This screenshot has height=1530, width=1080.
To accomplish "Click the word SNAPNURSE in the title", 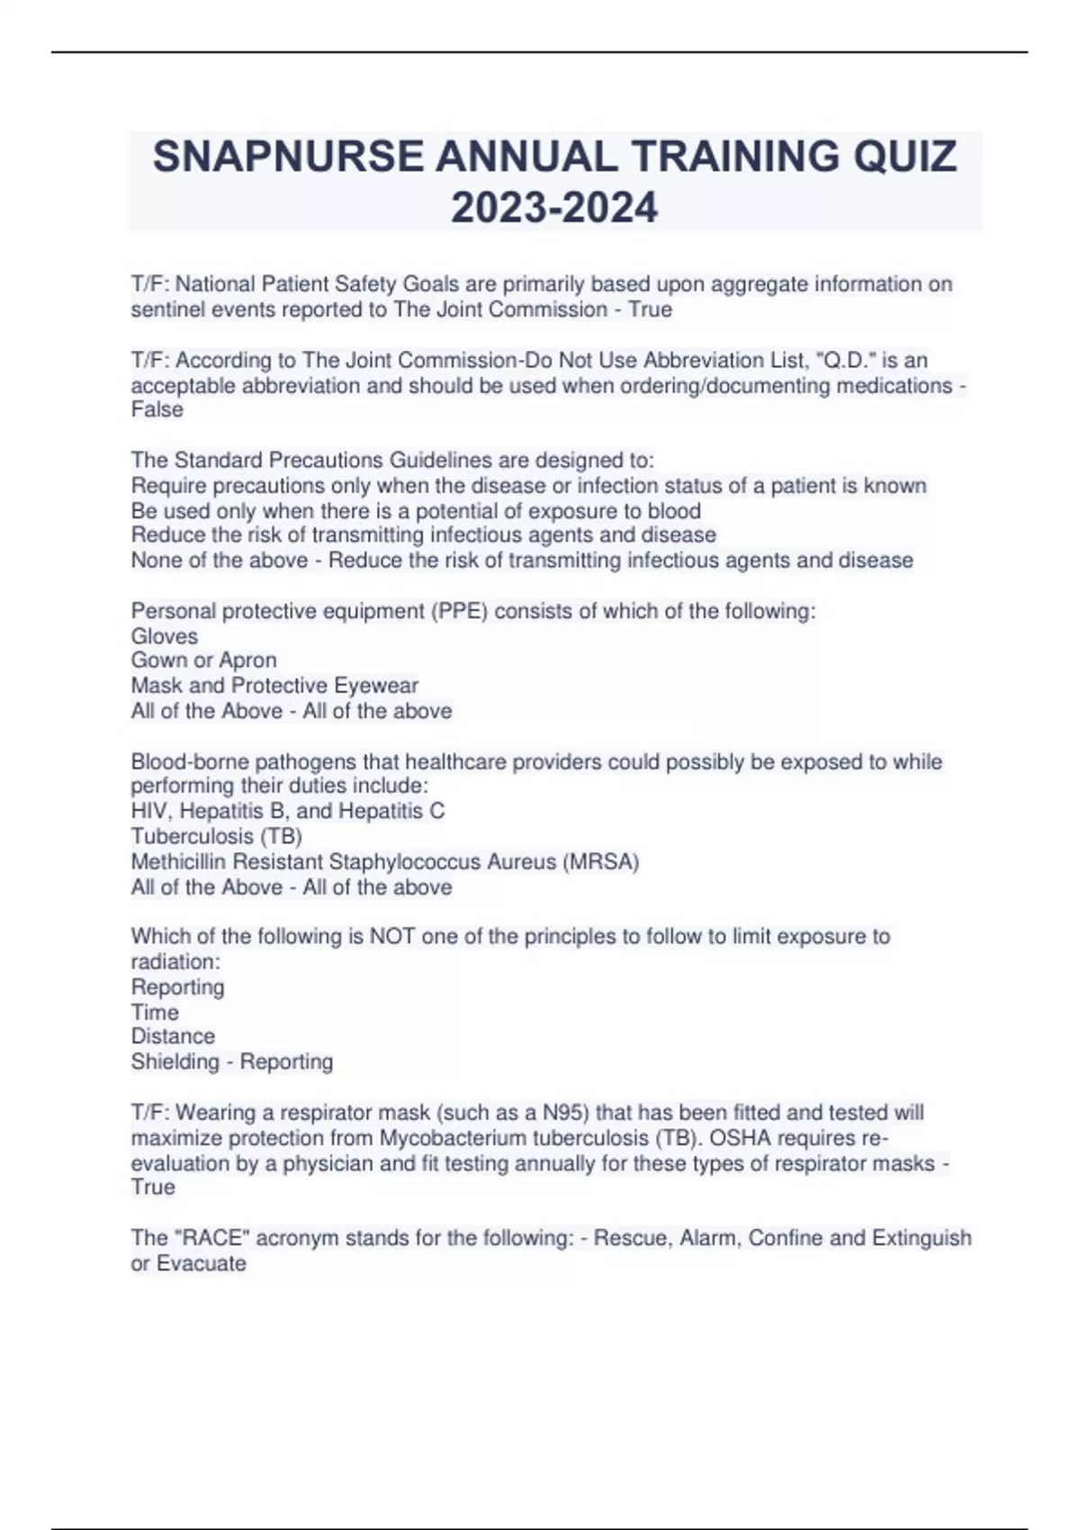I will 287,157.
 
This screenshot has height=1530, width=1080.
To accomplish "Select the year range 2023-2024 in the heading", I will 554,208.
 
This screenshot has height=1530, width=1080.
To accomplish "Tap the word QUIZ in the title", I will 904,157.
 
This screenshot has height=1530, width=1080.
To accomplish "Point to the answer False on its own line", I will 157,409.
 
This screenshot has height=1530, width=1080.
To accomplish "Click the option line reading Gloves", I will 165,636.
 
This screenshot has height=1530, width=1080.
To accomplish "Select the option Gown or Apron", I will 204,661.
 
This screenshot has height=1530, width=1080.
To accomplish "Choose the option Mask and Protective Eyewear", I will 274,686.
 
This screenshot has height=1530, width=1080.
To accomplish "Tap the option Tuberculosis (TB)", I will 217,836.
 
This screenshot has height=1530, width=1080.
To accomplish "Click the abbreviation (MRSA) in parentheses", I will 600,861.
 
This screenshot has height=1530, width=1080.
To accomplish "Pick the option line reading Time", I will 155,1012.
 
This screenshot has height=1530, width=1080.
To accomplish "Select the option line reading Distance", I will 173,1037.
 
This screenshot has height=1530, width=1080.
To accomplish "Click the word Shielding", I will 175,1062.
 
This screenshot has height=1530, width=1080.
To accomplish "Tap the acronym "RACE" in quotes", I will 211,1238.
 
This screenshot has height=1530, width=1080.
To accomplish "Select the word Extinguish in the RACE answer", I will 922,1238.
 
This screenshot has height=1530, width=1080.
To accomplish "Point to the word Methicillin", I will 182,861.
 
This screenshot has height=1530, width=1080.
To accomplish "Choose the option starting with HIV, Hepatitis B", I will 288,812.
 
